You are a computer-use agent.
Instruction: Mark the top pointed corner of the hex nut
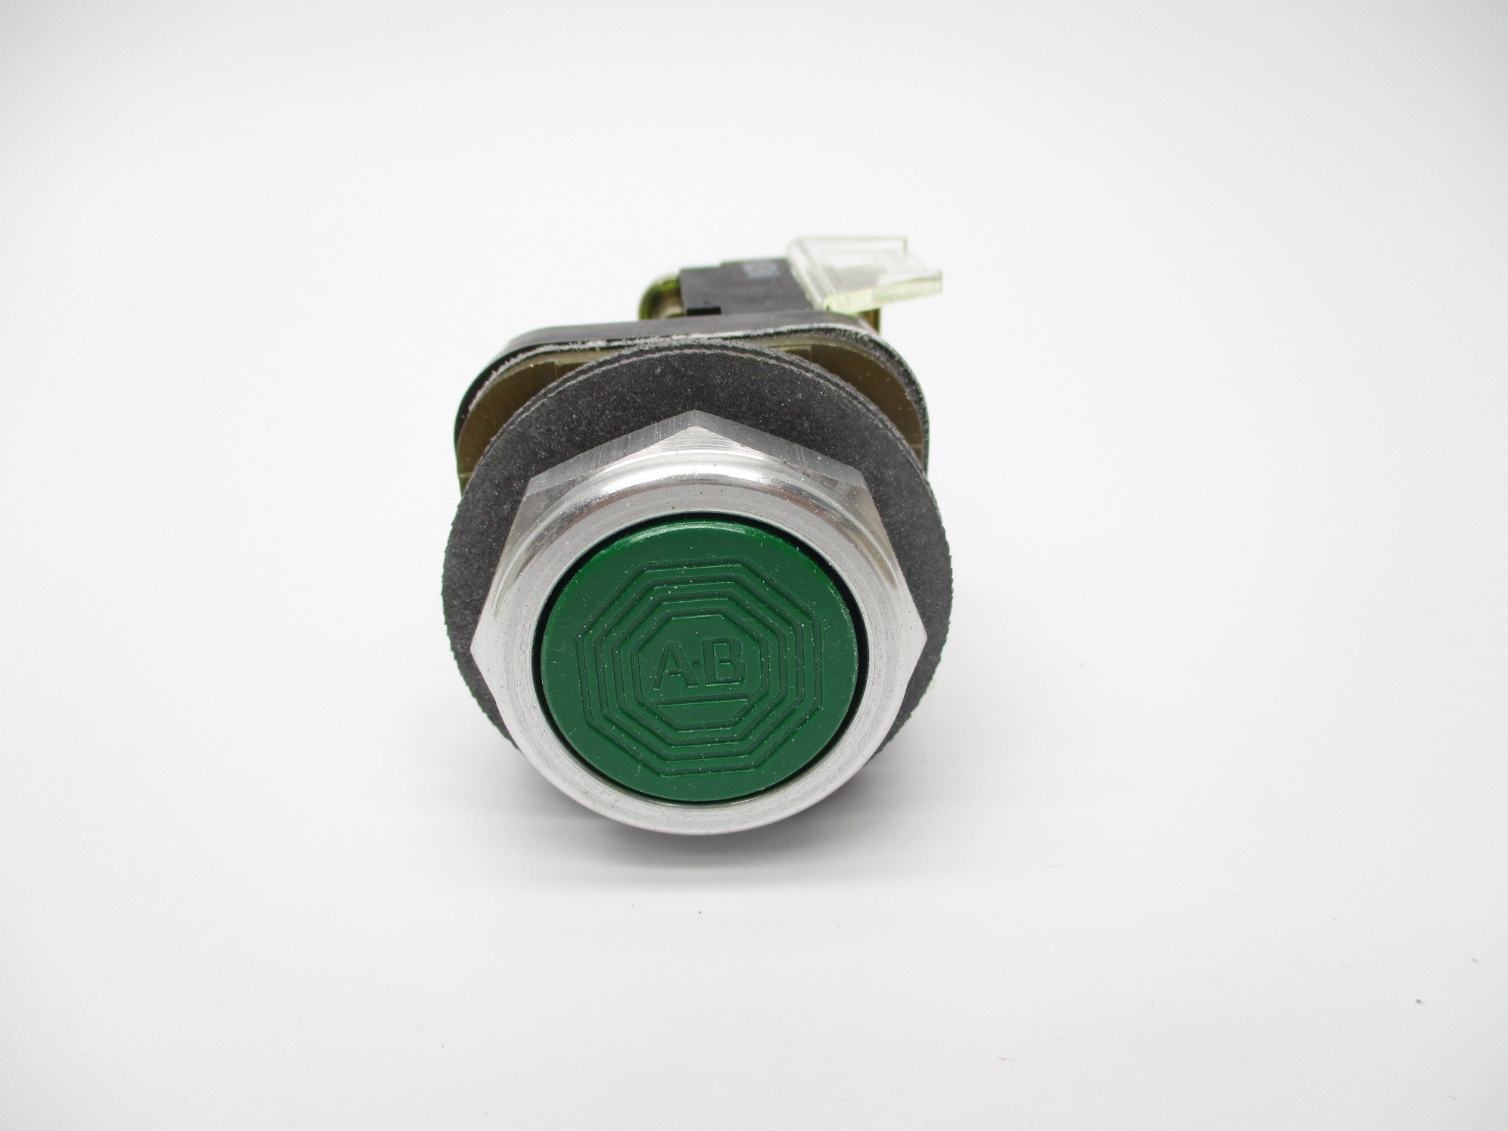[691, 413]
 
